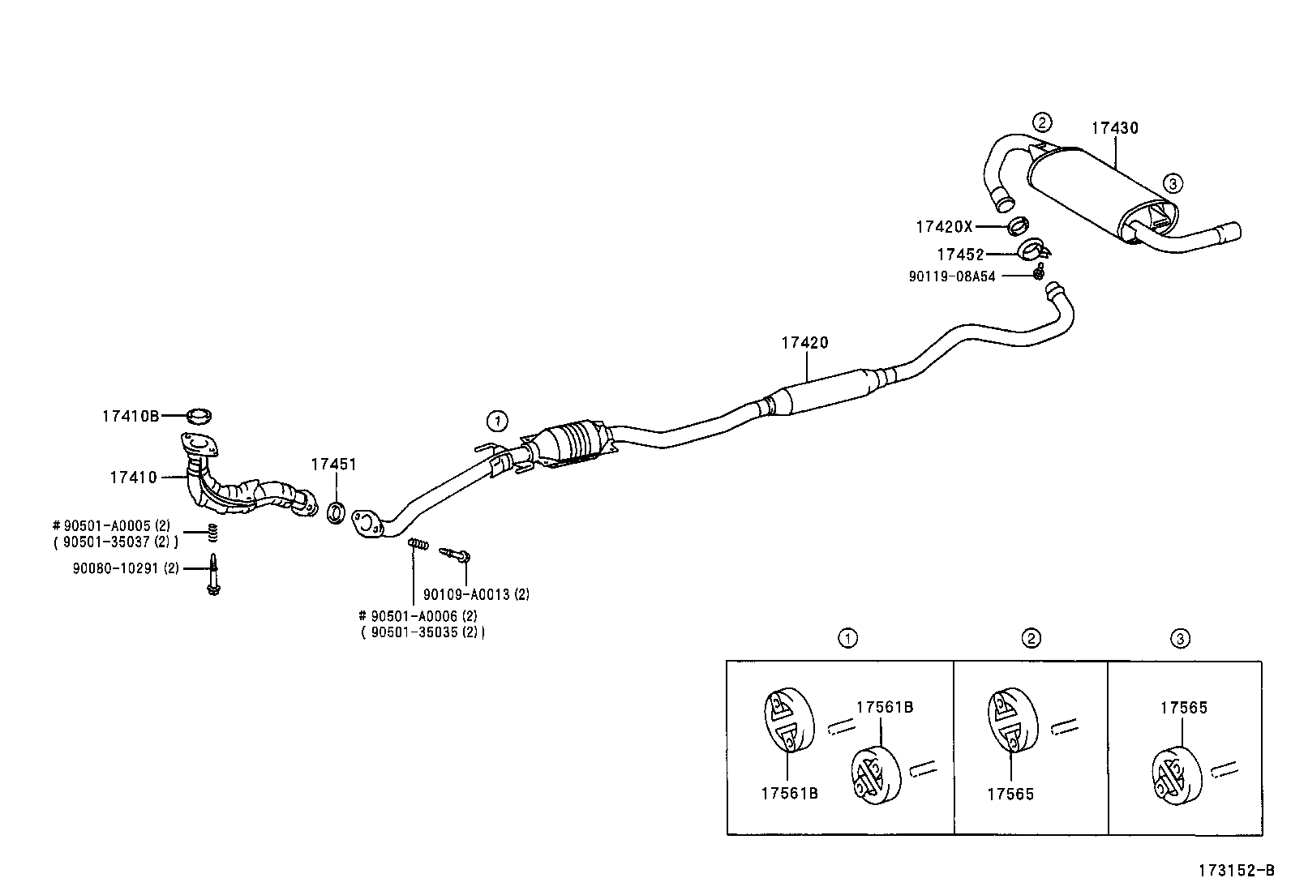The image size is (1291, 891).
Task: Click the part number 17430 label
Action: (1114, 128)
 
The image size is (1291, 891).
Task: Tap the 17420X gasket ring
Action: (1019, 225)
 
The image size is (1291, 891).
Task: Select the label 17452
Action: (960, 255)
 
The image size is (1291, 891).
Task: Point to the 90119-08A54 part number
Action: (951, 276)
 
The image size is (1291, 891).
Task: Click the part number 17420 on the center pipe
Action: (804, 343)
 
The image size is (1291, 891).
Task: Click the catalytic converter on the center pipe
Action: (574, 443)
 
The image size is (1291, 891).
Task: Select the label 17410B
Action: (131, 417)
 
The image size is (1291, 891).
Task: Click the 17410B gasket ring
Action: (199, 417)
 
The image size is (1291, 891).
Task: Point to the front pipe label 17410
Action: (133, 478)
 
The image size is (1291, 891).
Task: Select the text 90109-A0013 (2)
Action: (476, 594)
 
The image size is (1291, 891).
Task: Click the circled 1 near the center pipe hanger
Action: (496, 420)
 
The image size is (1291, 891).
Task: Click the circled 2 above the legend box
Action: (1031, 639)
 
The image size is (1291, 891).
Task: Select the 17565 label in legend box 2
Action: (1010, 795)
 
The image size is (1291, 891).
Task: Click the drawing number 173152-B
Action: (1236, 872)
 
